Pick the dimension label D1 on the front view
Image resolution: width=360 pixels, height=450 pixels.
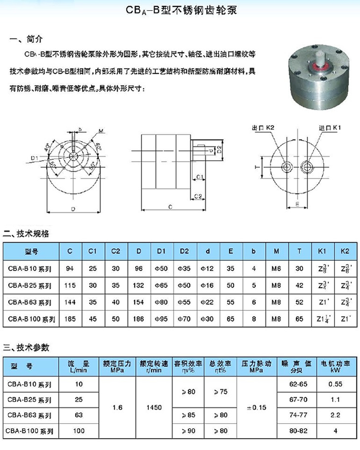coord(34,158)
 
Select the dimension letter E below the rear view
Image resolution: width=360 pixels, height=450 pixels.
coord(297,203)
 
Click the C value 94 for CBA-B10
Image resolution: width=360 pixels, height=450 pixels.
coord(70,268)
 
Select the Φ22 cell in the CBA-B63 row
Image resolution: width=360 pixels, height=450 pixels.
coord(208,302)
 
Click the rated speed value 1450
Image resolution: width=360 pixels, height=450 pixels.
coord(154,408)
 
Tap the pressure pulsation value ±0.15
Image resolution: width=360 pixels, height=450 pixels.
coord(256,408)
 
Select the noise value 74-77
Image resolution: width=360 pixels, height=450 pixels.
coord(295,415)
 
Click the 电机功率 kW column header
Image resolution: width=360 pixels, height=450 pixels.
coord(336,366)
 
